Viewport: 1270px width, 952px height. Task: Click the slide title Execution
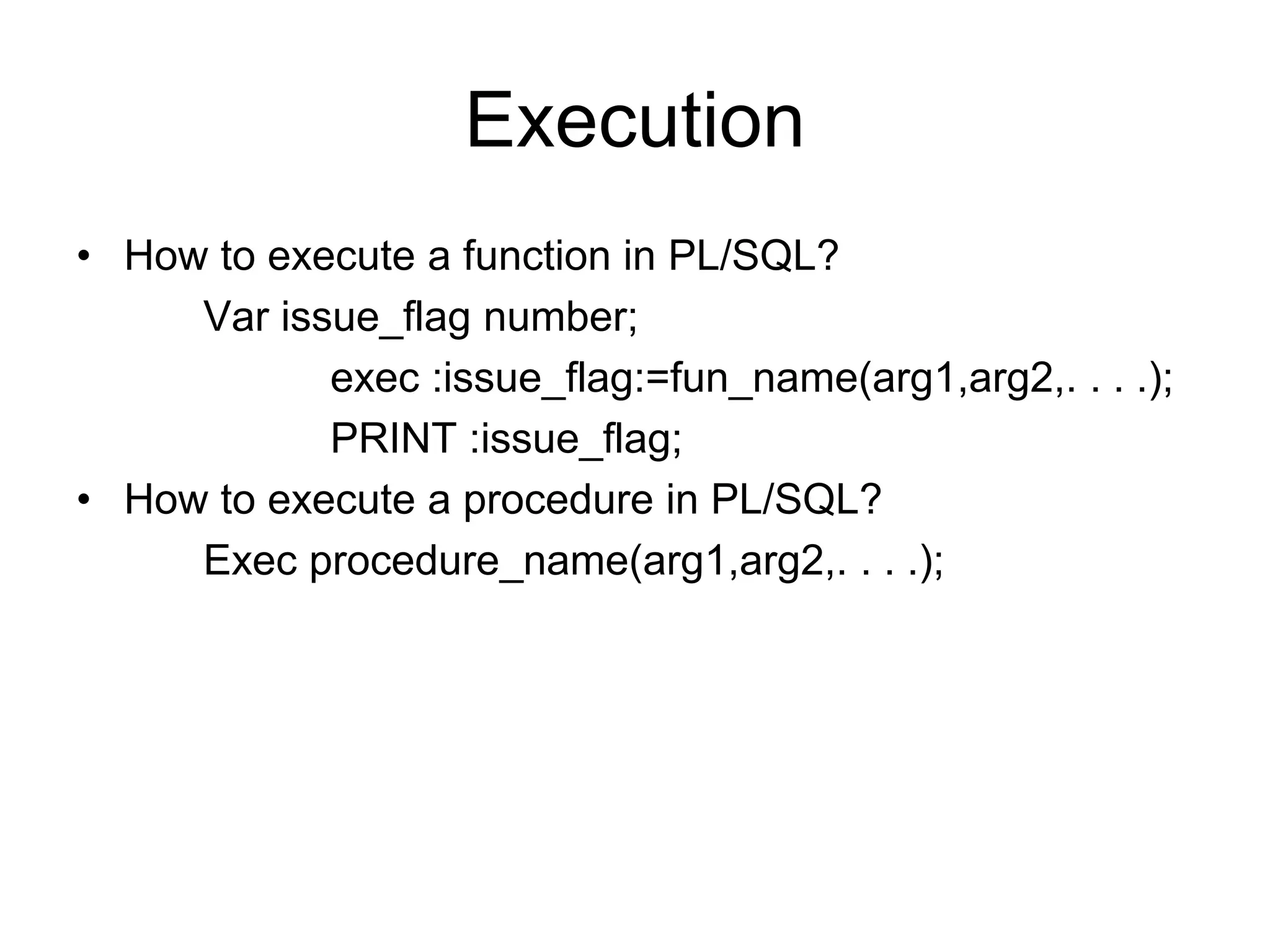[634, 120]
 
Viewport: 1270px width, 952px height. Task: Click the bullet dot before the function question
[84, 256]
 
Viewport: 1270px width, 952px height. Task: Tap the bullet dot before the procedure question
[84, 500]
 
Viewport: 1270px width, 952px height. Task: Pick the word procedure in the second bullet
[557, 500]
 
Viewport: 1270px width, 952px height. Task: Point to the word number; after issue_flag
[560, 317]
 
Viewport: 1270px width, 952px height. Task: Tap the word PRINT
[393, 438]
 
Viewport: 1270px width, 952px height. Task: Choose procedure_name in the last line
[468, 562]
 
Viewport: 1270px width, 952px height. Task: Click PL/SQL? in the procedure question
[796, 500]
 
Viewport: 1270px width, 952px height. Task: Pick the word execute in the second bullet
[340, 500]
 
